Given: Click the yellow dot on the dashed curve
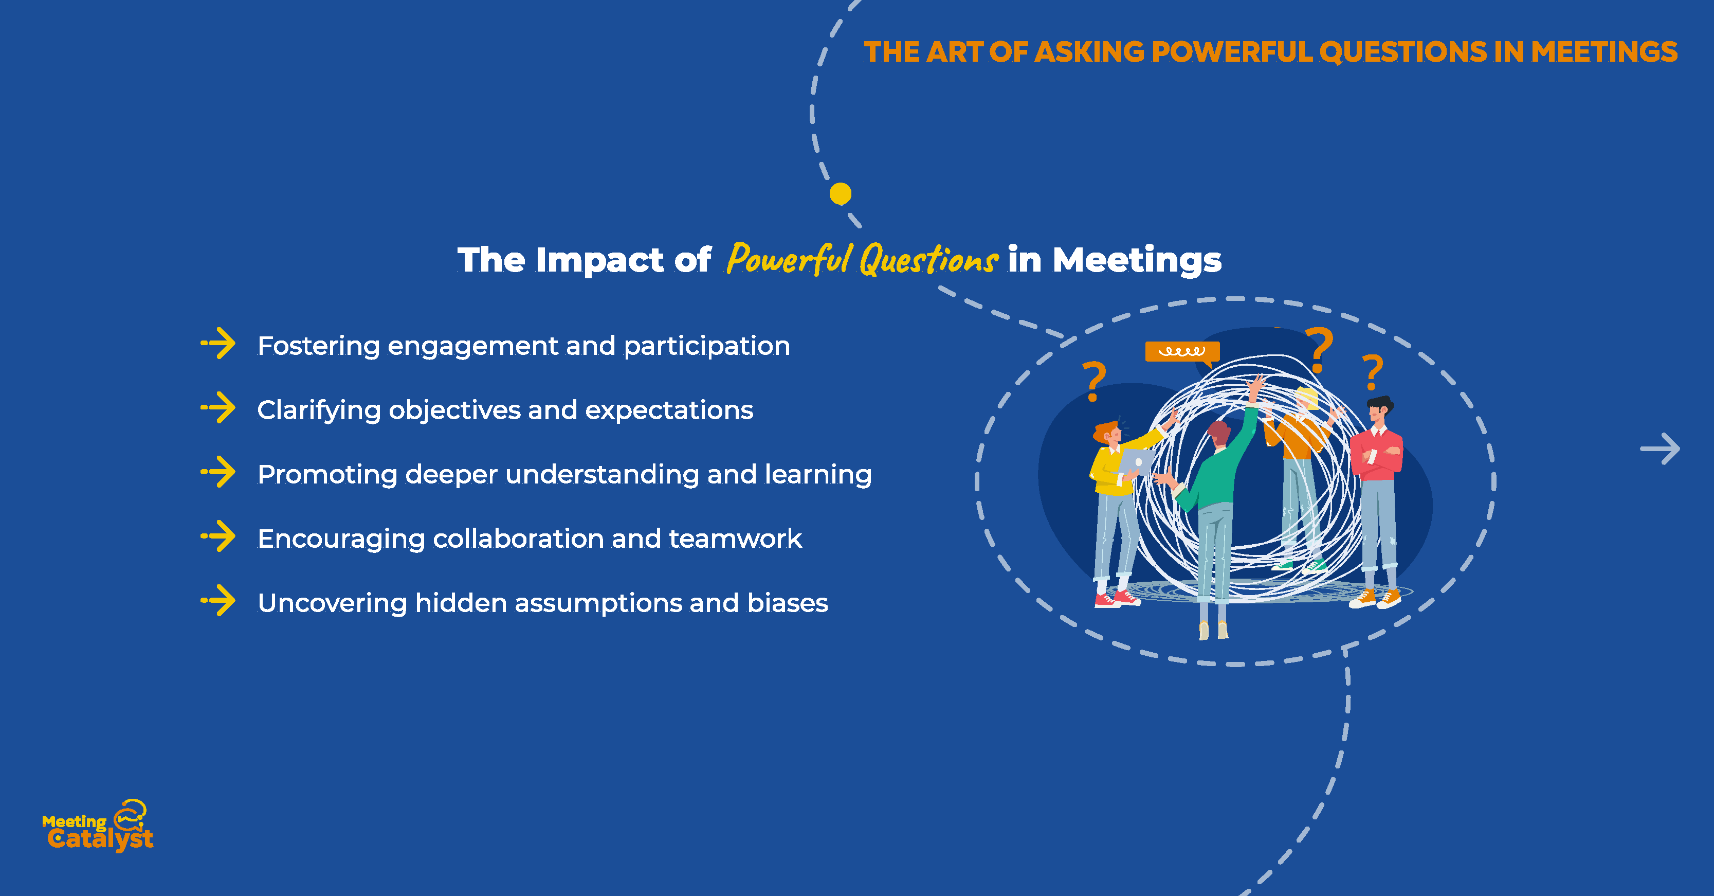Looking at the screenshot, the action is (x=841, y=194).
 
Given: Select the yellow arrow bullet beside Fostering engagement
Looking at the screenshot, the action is (x=218, y=344).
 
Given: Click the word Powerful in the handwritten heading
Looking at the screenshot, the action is (x=790, y=258).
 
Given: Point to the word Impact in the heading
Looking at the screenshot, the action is (x=599, y=260).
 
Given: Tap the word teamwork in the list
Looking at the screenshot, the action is (x=735, y=539).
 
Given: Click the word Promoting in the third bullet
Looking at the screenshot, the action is (x=327, y=475).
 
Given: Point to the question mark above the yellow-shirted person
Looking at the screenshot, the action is (x=1094, y=381).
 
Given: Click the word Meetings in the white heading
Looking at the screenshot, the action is (x=1137, y=260).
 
